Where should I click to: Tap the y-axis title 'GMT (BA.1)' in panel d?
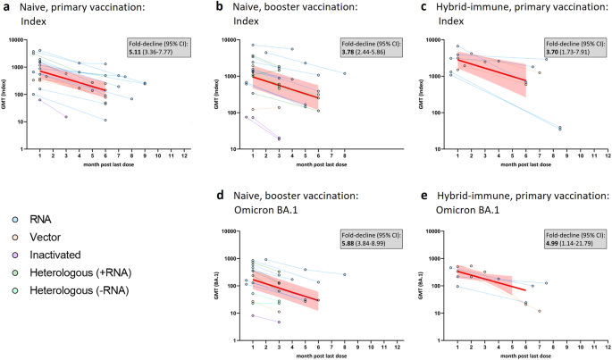click(217, 285)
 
